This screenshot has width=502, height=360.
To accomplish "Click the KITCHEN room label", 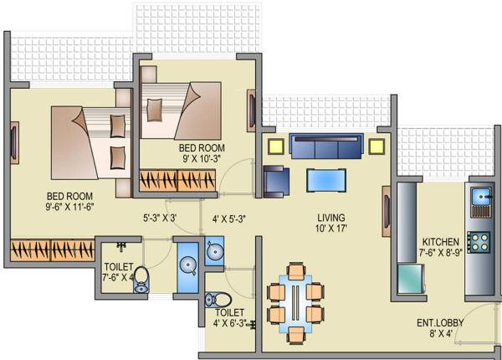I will coord(440,240).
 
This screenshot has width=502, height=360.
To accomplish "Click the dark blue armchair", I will coord(275,181).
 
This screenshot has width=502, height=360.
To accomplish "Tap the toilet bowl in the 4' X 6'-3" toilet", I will coord(218,299).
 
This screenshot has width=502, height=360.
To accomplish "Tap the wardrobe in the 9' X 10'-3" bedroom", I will coord(172,180).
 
